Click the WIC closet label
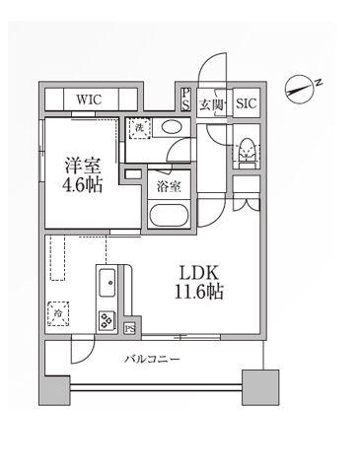[x=89, y=100]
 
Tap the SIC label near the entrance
[x=247, y=103]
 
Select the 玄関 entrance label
[x=212, y=105]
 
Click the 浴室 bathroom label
[x=169, y=187]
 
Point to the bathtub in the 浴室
[x=169, y=215]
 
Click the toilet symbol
[x=247, y=150]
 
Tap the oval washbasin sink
[x=172, y=127]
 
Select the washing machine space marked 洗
[x=139, y=128]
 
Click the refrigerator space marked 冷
[x=58, y=313]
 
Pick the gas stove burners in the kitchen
[x=107, y=320]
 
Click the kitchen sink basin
[x=108, y=283]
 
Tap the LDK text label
[x=198, y=273]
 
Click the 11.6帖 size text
[x=199, y=292]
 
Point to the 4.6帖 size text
[x=82, y=184]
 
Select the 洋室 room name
[x=83, y=166]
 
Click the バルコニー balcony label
[x=152, y=359]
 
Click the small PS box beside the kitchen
[x=130, y=329]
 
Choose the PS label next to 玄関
[x=185, y=100]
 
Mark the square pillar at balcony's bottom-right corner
[x=260, y=387]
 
